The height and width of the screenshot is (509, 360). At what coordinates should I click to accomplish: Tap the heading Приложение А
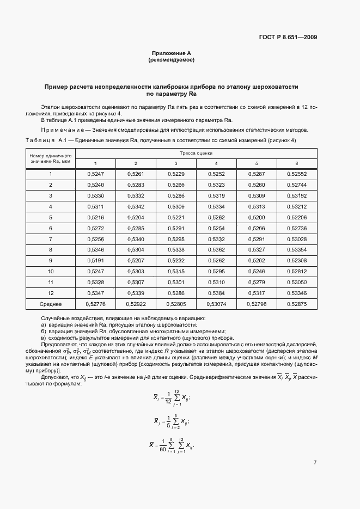pos(171,53)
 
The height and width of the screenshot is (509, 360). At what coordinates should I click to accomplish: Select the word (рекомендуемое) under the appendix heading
pos(171,60)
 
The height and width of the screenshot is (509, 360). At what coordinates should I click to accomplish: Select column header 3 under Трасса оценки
pos(176,163)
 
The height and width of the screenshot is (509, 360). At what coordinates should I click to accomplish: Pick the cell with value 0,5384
pos(216,292)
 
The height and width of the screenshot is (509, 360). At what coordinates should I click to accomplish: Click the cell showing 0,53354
pos(297,249)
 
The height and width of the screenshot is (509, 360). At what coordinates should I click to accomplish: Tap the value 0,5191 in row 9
pos(95,260)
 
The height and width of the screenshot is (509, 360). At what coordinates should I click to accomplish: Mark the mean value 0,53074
pos(216,303)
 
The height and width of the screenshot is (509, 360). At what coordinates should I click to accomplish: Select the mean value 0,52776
pos(95,303)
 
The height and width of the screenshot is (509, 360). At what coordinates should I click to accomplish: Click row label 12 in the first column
pos(51,292)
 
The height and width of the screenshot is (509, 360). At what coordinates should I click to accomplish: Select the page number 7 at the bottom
pos(315,463)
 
